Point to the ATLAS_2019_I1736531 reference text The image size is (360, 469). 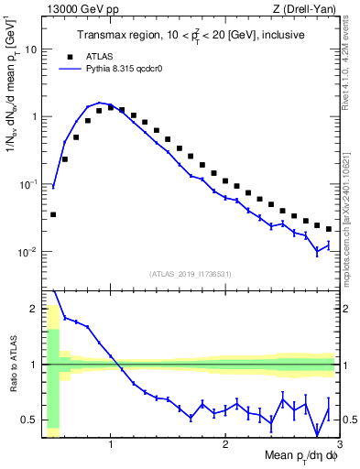[191, 274]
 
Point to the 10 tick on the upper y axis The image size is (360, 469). [30, 49]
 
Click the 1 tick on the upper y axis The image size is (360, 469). [33, 116]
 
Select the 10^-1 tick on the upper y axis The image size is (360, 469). [27, 184]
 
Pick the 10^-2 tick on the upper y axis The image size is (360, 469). [27, 251]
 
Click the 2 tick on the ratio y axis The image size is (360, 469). [33, 309]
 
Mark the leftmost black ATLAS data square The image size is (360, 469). [53, 214]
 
